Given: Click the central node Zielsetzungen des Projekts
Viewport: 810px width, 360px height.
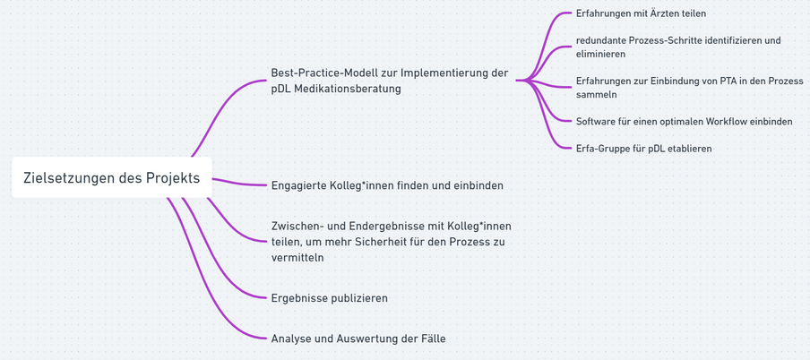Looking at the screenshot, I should pos(111,178).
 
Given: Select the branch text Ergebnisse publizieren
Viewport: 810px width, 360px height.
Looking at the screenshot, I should pos(329,298).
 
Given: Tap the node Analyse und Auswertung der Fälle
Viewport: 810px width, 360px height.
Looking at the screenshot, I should pos(358,339).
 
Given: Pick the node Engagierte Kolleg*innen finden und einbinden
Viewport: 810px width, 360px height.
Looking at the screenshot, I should pos(386,185).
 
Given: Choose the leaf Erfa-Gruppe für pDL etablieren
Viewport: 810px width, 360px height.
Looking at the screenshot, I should pos(643,149).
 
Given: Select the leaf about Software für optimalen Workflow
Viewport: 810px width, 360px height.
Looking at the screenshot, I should pos(684,121).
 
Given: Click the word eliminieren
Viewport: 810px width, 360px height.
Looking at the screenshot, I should pos(600,54).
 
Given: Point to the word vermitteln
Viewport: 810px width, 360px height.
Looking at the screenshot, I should pos(297,257).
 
